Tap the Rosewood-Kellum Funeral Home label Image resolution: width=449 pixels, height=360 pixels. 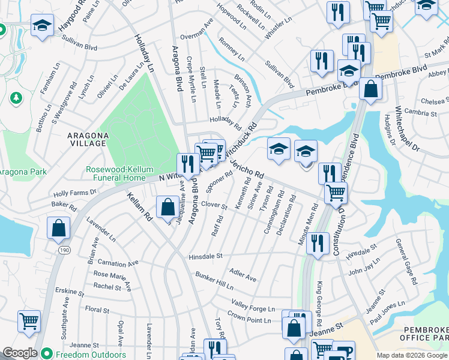[115, 173]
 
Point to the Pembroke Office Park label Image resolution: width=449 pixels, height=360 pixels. [423, 334]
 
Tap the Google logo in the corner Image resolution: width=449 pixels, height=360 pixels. [19, 353]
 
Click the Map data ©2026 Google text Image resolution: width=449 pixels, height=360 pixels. [412, 355]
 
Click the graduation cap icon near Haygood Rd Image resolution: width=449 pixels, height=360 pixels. [42, 26]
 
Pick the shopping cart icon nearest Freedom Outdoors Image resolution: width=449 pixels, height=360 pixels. [29, 322]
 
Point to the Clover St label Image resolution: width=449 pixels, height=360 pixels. [214, 206]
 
